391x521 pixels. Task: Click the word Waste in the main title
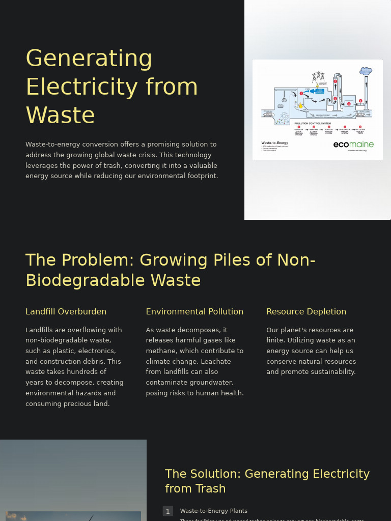tap(60, 115)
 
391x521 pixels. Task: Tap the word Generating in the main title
tap(89, 58)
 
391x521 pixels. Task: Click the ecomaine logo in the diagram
tap(353, 144)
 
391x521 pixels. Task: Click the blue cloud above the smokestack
tap(366, 71)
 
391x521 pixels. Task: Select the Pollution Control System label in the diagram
tap(313, 124)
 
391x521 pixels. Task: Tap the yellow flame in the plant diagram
tap(300, 106)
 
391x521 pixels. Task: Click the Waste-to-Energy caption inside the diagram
tap(275, 143)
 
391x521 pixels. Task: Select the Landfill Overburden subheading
tap(66, 311)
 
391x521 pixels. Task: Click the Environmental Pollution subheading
tap(194, 311)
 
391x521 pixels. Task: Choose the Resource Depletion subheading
tap(306, 311)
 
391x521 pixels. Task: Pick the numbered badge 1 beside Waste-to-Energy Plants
tap(168, 511)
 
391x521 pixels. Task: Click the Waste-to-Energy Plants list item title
tap(214, 511)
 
